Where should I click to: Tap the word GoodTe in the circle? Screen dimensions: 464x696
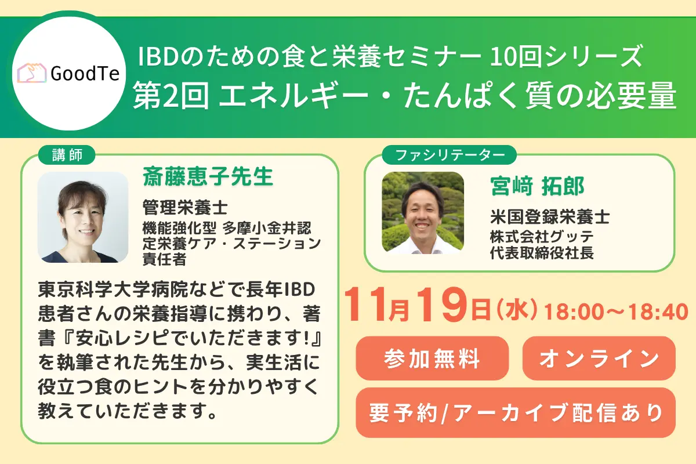coord(85,74)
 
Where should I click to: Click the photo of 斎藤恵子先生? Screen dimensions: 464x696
coord(83,217)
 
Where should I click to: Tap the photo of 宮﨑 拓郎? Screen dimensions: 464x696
coord(422,212)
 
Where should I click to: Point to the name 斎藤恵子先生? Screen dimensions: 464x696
coord(208,177)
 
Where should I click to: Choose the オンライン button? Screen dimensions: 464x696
coord(599,358)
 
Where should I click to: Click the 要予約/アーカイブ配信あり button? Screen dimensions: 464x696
coord(516,412)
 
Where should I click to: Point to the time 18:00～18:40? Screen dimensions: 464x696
coord(616,313)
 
